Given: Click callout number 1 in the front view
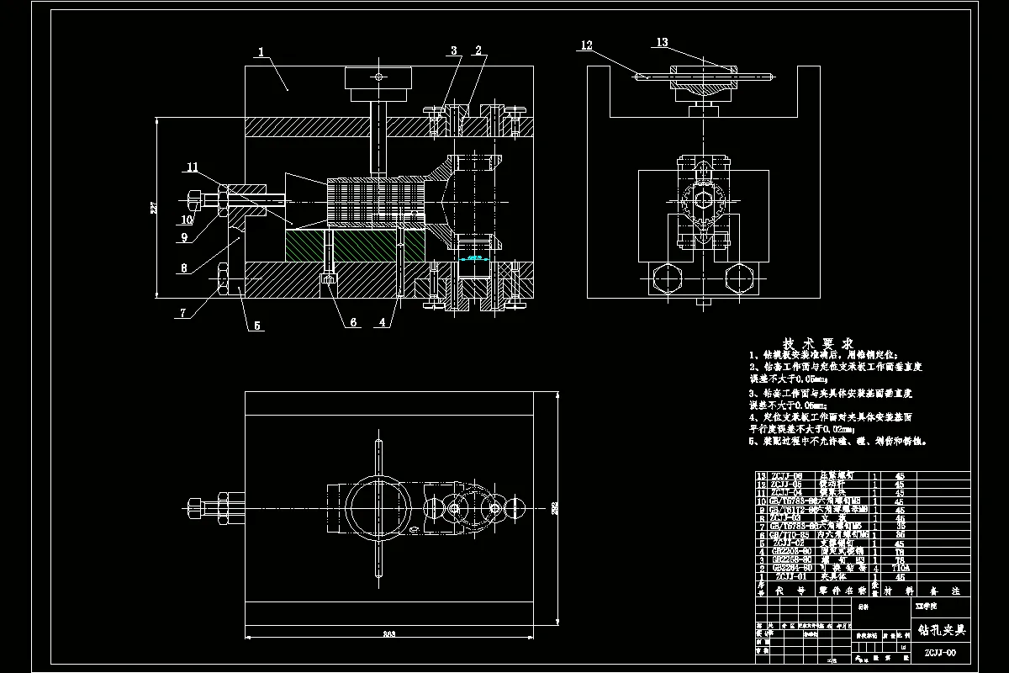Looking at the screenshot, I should coord(261,52).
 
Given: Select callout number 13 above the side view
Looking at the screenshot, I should coord(662,42).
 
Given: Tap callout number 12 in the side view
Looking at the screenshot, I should coord(587,45).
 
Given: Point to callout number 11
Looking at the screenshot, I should coord(193,168).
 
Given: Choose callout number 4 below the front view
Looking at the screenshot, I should coord(383,321).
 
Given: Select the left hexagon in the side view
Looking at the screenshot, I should coord(666,278).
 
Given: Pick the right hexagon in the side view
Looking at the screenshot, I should coord(737,278).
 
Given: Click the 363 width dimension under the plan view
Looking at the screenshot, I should coord(389,633).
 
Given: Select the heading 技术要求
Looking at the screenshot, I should coord(818,344).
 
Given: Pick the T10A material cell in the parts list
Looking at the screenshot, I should coord(899,569).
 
